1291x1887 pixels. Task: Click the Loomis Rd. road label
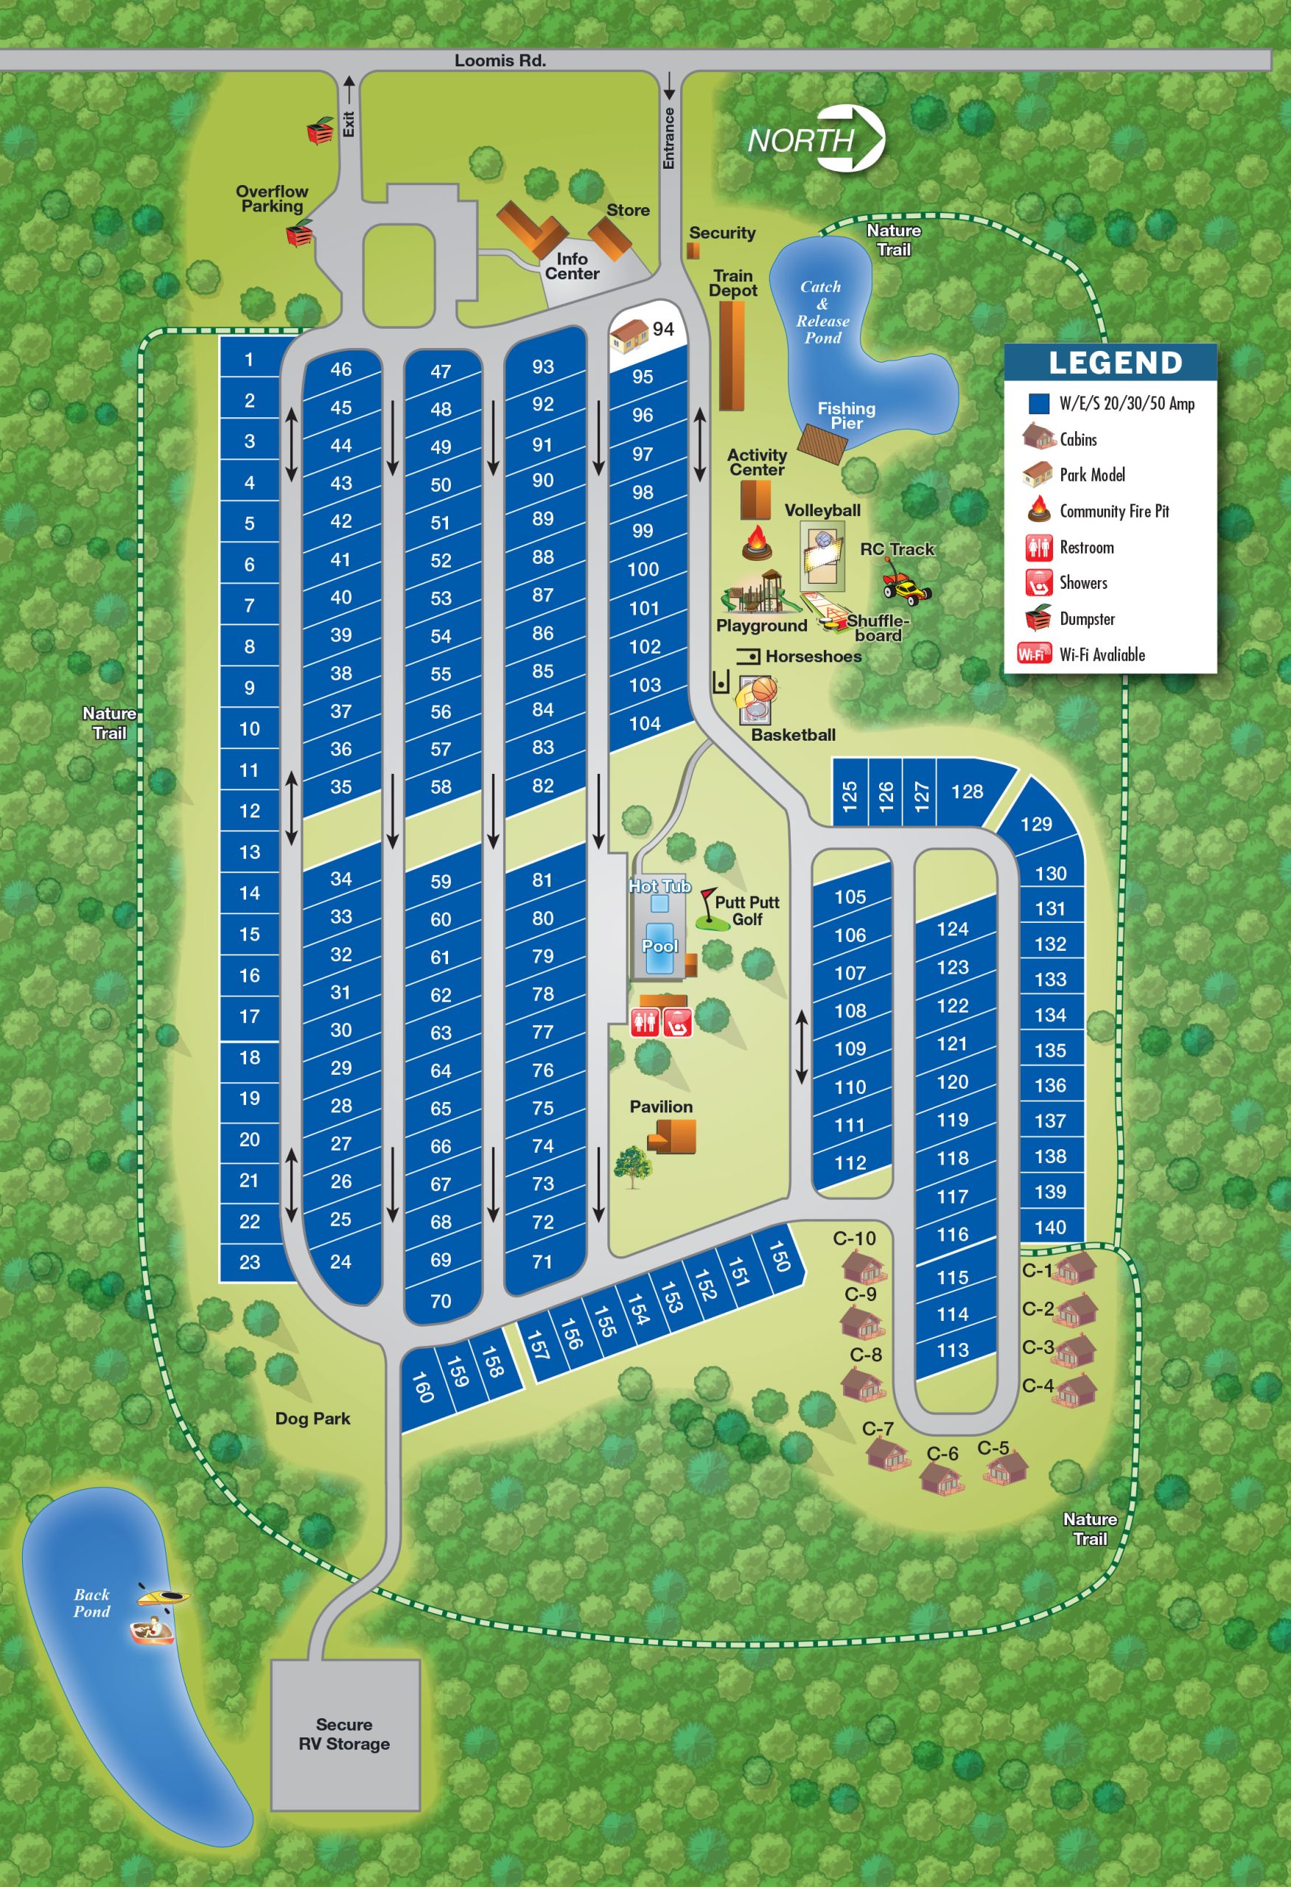500,61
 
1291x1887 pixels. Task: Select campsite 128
967,792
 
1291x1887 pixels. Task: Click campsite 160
422,1387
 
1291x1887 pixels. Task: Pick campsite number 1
249,360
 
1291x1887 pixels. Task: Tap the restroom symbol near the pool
646,1022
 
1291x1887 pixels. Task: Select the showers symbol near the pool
678,1022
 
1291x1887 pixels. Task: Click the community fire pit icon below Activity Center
756,543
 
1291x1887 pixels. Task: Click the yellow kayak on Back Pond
163,1596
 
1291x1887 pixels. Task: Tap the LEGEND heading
1115,363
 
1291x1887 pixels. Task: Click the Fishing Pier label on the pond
846,415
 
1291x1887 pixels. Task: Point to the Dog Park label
312,1418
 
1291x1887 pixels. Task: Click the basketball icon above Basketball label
764,689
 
